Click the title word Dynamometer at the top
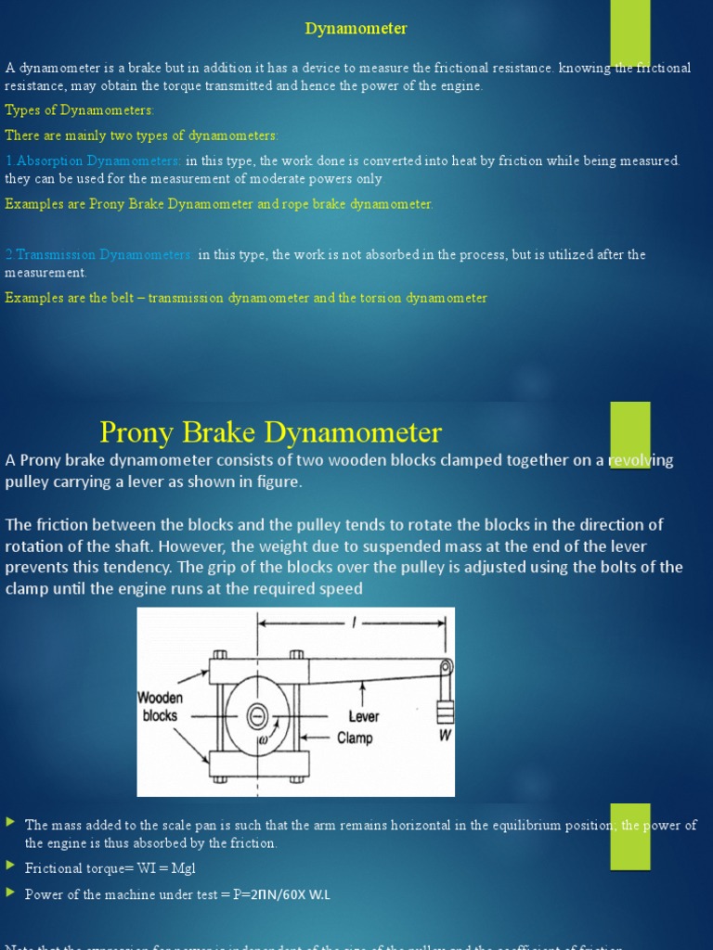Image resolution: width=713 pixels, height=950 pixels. [x=356, y=29]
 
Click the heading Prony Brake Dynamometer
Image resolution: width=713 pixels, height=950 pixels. [x=270, y=432]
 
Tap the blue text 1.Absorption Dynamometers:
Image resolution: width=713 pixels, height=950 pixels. [x=94, y=161]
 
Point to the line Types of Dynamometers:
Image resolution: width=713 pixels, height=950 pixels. [x=80, y=110]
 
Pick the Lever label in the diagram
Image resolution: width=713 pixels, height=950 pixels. [x=363, y=716]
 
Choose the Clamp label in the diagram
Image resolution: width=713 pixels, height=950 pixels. [x=355, y=738]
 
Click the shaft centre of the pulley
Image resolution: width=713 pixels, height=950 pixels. [x=257, y=715]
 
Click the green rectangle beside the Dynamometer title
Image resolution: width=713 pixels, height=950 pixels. [x=629, y=32]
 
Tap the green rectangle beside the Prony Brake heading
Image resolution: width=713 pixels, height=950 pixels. [x=629, y=434]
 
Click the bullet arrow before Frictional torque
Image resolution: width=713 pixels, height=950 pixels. [x=10, y=868]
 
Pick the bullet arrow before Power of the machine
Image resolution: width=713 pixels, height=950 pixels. [x=10, y=894]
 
